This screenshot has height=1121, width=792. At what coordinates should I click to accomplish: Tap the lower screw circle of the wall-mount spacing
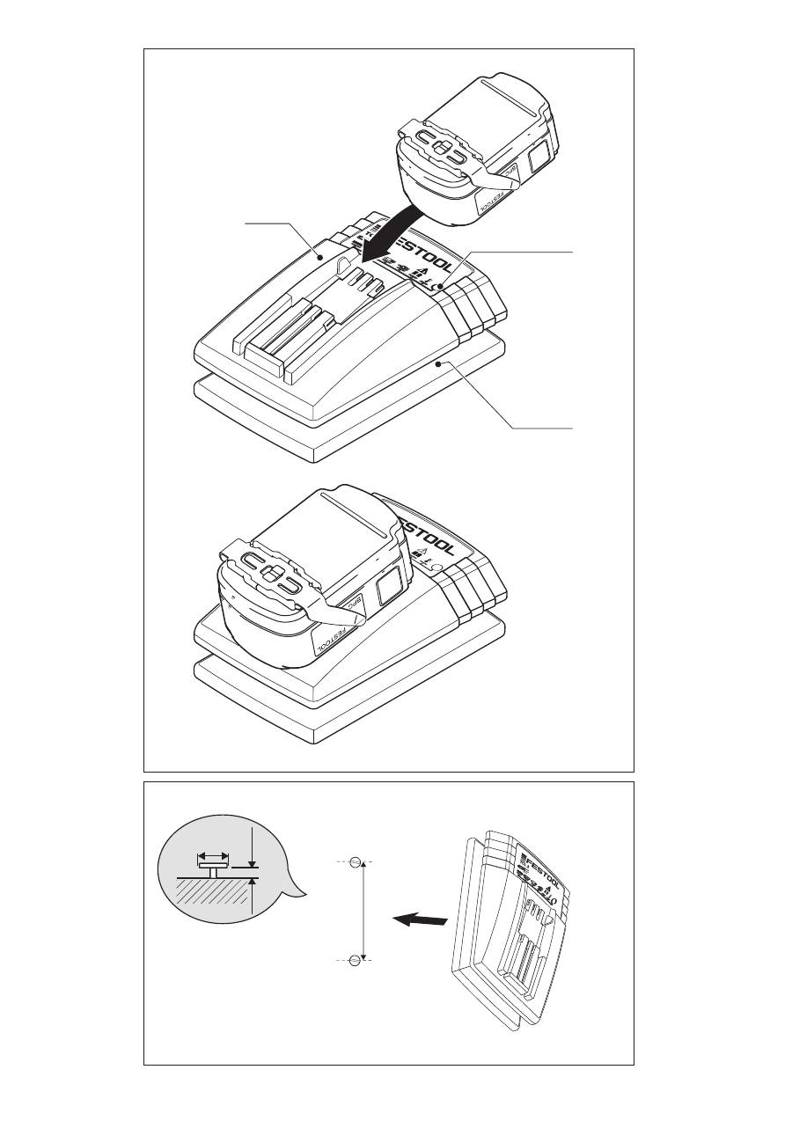click(x=355, y=959)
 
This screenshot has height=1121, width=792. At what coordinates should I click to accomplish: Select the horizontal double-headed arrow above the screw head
click(x=213, y=854)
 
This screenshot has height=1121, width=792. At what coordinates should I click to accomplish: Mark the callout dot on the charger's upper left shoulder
click(x=321, y=256)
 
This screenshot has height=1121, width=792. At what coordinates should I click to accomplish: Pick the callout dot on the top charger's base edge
click(x=437, y=361)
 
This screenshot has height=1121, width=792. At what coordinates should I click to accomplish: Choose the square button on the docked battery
click(x=387, y=588)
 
